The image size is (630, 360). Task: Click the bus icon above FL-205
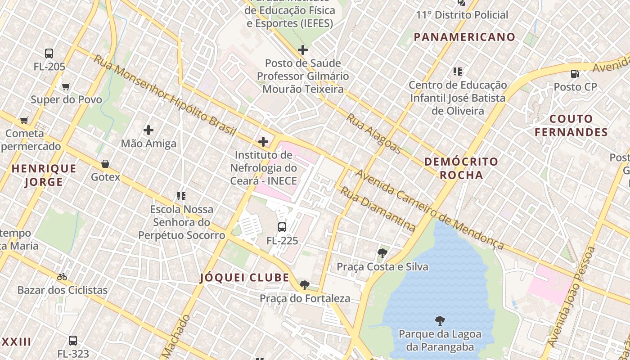(x=49, y=54)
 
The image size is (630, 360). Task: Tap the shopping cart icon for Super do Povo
(x=66, y=86)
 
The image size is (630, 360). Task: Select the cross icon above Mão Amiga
(x=148, y=130)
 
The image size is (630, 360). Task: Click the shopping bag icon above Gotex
(x=105, y=164)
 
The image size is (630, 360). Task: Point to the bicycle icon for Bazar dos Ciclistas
(x=62, y=277)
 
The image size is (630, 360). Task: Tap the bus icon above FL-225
(x=282, y=227)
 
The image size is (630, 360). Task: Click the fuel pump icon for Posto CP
(x=575, y=73)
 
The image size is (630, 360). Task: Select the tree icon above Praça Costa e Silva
(x=382, y=253)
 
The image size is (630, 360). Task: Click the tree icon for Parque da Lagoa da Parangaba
(x=440, y=321)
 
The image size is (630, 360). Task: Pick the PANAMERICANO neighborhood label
(x=464, y=37)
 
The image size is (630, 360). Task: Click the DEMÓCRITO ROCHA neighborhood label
(x=461, y=168)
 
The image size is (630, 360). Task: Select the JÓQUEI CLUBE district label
(x=244, y=278)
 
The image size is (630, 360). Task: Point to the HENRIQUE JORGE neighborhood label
(x=44, y=175)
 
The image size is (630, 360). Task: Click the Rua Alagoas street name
(x=373, y=133)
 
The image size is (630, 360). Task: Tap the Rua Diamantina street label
(x=377, y=209)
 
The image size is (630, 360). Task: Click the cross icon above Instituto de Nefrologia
(x=263, y=142)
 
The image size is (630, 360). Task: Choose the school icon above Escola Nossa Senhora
(x=181, y=196)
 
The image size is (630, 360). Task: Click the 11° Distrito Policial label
(x=462, y=15)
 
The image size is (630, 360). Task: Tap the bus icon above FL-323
(x=73, y=341)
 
